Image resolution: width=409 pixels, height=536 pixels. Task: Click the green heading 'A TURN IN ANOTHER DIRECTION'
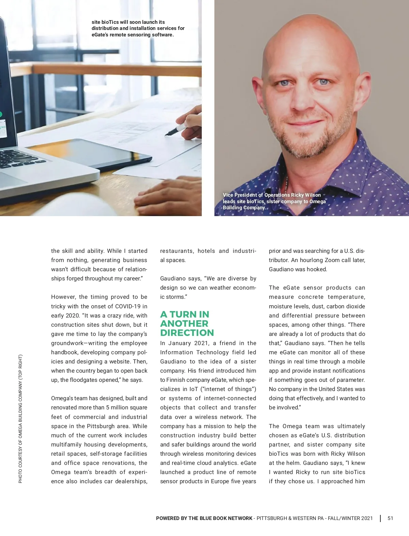coord(187,324)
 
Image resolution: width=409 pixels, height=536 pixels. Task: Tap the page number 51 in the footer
coord(390,518)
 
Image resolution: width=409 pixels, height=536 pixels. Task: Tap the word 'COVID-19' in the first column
coord(128,306)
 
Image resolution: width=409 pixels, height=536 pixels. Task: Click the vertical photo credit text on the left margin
coord(20,419)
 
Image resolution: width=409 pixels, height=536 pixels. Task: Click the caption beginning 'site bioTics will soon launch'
coord(138,28)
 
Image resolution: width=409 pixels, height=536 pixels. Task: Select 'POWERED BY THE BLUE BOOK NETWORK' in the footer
coord(204,518)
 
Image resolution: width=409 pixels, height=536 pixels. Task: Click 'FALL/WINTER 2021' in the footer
coord(351,518)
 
